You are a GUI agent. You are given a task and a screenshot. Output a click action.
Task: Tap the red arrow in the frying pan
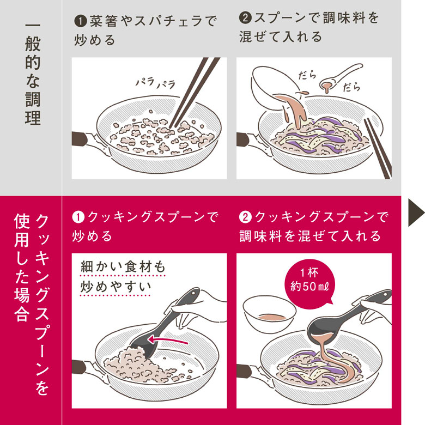[167, 340]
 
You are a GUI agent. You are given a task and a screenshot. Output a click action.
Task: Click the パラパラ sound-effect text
[155, 82]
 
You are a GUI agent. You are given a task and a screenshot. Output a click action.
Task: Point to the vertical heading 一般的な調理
[33, 74]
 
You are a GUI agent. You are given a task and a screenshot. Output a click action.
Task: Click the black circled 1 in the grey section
[81, 21]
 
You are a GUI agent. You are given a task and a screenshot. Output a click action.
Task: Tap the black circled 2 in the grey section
[246, 17]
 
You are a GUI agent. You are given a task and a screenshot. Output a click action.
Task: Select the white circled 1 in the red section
[78, 217]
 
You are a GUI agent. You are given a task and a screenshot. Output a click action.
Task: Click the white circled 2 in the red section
[246, 217]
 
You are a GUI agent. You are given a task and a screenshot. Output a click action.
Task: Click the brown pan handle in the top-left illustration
[80, 138]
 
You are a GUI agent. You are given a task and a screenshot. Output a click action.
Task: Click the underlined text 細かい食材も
[123, 267]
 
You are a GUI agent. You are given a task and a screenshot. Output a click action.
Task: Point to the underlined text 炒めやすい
[116, 287]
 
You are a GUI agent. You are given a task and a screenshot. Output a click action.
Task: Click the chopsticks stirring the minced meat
[194, 92]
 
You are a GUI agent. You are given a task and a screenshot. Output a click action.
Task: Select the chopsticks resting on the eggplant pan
[378, 148]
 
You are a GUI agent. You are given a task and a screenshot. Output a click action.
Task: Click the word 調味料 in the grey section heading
[339, 18]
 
